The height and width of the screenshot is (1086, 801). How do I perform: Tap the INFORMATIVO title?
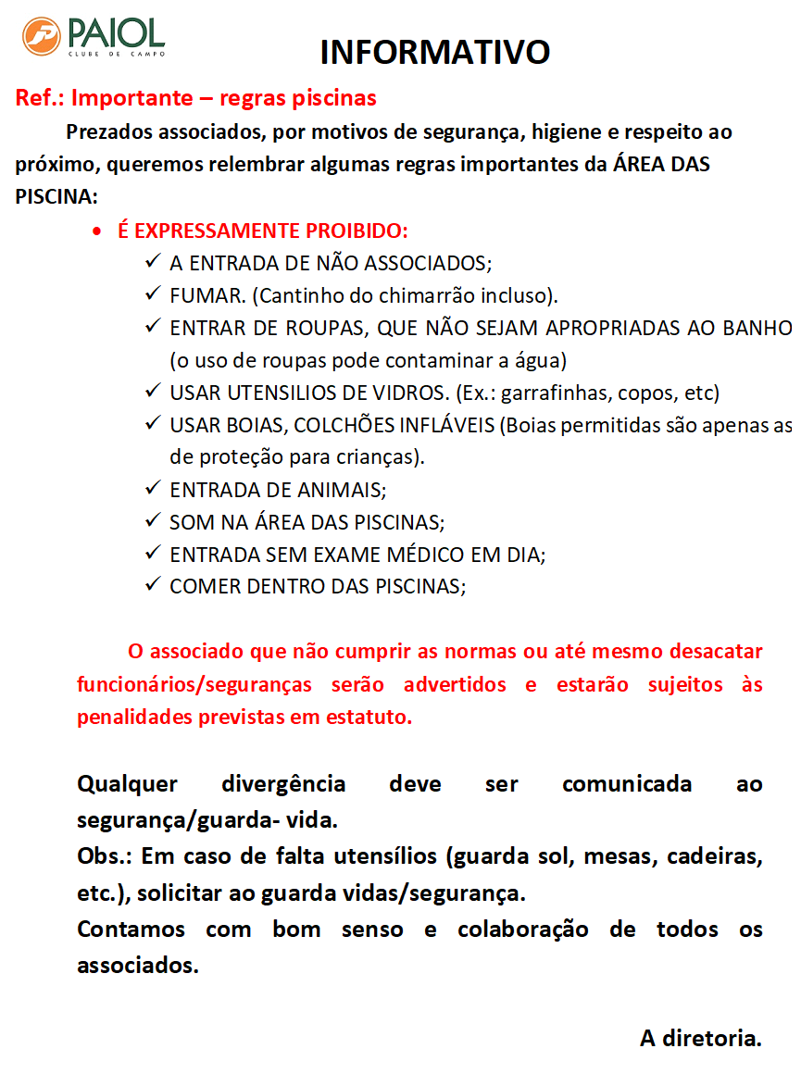click(435, 53)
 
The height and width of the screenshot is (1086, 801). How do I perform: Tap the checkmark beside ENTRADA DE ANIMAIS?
click(153, 489)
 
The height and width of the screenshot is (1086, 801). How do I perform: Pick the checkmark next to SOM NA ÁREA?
click(153, 521)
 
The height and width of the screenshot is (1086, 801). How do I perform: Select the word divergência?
click(283, 784)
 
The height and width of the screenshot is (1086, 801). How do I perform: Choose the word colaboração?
click(522, 930)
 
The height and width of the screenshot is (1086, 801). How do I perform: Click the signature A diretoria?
click(700, 1038)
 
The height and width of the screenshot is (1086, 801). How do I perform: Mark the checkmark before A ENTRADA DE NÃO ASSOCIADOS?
click(153, 263)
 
